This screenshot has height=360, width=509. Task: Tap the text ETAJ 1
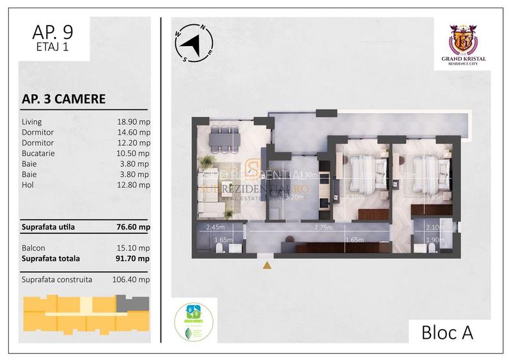(53, 46)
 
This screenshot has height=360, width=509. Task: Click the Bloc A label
(448, 333)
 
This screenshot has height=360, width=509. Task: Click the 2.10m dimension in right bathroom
(434, 227)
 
